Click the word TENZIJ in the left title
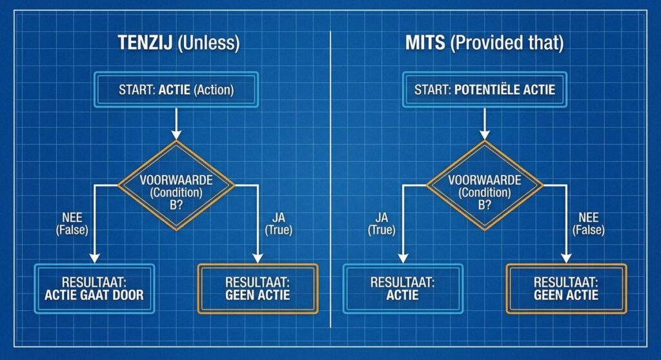click(x=145, y=43)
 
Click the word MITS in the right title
click(x=425, y=43)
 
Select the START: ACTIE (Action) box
click(x=176, y=90)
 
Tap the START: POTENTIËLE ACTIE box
click(x=485, y=90)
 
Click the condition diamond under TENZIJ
click(x=176, y=185)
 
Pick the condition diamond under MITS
click(x=485, y=185)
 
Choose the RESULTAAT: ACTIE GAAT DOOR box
click(x=94, y=289)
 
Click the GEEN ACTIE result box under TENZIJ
click(x=258, y=289)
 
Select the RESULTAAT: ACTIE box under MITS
click(x=403, y=289)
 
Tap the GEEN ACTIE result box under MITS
click(x=566, y=289)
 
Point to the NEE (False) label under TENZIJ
click(x=72, y=223)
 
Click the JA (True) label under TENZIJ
click(x=278, y=223)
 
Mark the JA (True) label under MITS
click(x=381, y=223)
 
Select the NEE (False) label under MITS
click(x=589, y=223)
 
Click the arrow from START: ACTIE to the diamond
click(x=176, y=123)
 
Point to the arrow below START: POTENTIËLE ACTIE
click(x=485, y=123)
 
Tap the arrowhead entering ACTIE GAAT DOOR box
click(x=94, y=258)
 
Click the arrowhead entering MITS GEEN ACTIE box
click(x=566, y=258)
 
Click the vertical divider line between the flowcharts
click(x=330, y=179)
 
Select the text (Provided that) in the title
click(x=507, y=43)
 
